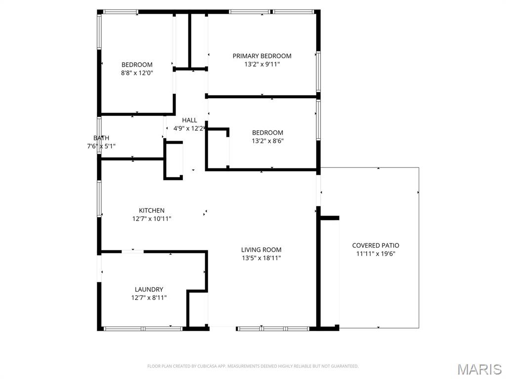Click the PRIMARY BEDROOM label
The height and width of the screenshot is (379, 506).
tap(262, 56)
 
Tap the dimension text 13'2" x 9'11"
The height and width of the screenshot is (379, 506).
tap(262, 64)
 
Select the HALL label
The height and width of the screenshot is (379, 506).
tap(189, 120)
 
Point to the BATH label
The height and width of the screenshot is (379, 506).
tap(101, 138)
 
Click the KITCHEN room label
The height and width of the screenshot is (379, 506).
tap(151, 210)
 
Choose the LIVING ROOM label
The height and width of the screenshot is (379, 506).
tap(261, 250)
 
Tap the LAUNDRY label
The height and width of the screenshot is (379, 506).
tap(149, 289)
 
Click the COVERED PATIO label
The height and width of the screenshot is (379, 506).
tap(376, 245)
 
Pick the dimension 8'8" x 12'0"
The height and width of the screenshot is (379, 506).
tap(137, 73)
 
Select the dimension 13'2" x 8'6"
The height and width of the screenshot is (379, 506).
tap(267, 141)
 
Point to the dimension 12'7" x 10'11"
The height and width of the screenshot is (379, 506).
tap(151, 219)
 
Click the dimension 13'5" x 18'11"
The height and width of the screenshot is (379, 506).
tap(261, 258)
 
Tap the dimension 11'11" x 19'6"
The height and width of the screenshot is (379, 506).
tap(376, 254)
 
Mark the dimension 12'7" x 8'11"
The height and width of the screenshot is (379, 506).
tap(149, 298)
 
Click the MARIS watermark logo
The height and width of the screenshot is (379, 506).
tap(479, 369)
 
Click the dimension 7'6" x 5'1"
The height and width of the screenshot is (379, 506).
tap(101, 146)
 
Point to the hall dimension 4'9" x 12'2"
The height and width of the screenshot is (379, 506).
tap(189, 128)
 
